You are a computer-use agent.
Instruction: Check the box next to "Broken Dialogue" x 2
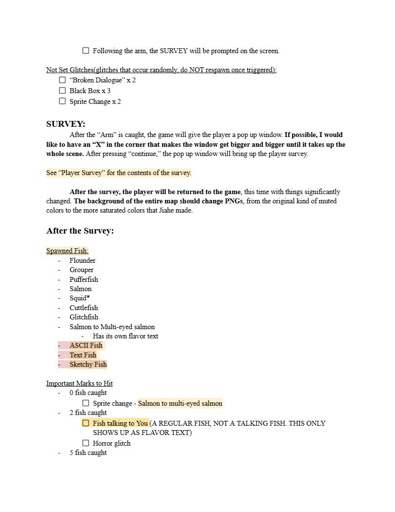pos(62,80)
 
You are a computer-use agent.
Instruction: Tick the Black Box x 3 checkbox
pos(62,91)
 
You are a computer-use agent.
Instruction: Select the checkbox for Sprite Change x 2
pos(62,101)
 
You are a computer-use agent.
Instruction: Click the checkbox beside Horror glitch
pos(86,443)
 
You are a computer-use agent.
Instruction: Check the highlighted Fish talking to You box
pos(86,423)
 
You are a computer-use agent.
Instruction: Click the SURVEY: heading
pos(66,124)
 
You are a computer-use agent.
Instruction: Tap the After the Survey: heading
pos(80,231)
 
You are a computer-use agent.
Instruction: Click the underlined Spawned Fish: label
pos(67,251)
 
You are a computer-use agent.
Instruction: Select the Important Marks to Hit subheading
pos(79,383)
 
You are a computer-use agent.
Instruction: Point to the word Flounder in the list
pos(82,260)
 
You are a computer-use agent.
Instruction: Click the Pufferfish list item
pos(84,279)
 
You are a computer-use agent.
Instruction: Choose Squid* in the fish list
pos(79,298)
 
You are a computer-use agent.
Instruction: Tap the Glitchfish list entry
pos(84,317)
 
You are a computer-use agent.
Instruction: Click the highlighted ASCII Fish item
pos(86,345)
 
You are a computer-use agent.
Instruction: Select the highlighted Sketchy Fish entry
pos(88,364)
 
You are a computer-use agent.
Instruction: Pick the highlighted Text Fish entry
pos(83,355)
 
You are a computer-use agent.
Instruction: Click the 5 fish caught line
pos(88,453)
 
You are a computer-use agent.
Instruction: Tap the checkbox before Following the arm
pos(86,50)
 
